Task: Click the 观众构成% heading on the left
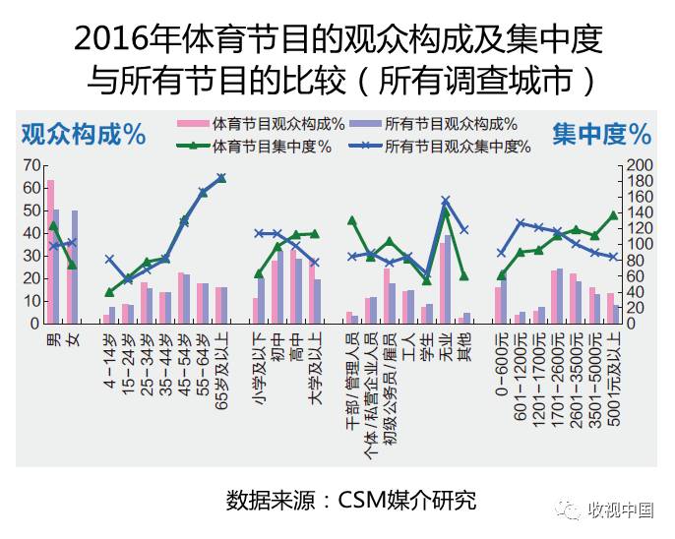pyautogui.click(x=83, y=133)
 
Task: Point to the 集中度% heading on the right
pyautogui.click(x=601, y=133)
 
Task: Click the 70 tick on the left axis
pyautogui.click(x=34, y=164)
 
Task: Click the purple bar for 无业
pyautogui.click(x=449, y=279)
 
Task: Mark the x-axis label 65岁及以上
pyautogui.click(x=221, y=367)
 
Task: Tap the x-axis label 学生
pyautogui.click(x=427, y=346)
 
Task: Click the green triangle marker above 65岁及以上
pyautogui.click(x=221, y=178)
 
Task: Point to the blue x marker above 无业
pyautogui.click(x=445, y=201)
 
